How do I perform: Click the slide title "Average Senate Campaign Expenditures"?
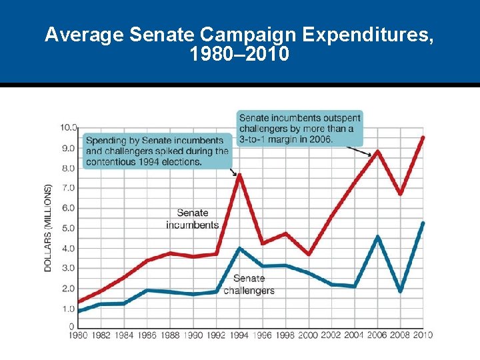point(239,35)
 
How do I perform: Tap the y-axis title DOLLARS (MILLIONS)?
point(48,228)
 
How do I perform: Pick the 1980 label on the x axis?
point(79,335)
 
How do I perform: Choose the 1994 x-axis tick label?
point(239,335)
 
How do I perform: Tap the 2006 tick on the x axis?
point(377,335)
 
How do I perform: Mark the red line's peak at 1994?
point(239,175)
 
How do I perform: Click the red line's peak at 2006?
point(377,151)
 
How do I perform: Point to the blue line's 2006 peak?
point(377,237)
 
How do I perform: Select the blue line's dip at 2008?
point(400,291)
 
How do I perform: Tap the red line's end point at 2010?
point(423,137)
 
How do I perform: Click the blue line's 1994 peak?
point(239,249)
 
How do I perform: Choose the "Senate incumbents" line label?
point(193,219)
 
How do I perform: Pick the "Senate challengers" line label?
point(249,285)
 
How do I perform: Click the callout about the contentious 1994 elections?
point(157,151)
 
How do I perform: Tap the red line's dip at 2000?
point(309,254)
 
